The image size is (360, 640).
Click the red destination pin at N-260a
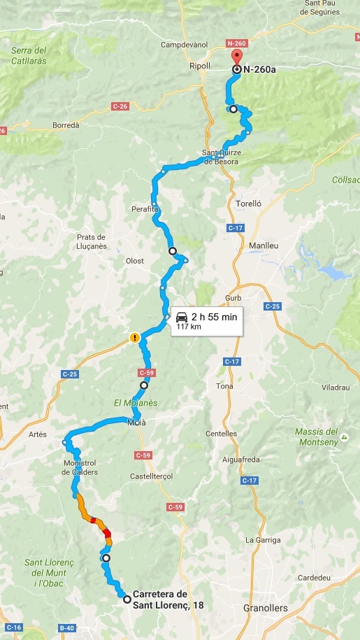(237, 57)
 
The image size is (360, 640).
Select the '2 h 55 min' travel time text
(214, 317)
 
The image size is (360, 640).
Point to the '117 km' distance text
(188, 327)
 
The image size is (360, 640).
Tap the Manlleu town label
(264, 246)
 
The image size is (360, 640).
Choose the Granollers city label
(266, 608)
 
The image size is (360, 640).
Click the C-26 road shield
(120, 106)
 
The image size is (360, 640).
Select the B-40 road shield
(66, 628)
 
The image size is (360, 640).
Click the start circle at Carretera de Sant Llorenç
(127, 599)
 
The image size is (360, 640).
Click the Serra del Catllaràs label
(29, 56)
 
